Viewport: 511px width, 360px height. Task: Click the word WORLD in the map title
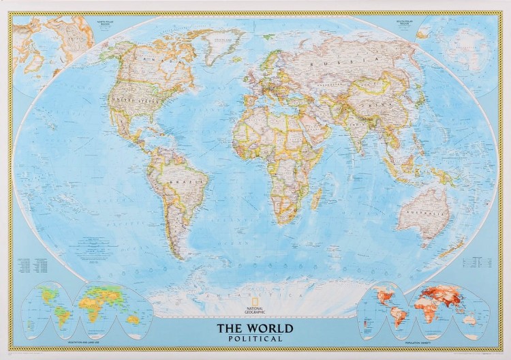coord(269,329)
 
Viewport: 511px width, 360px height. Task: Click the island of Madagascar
coord(317,199)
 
